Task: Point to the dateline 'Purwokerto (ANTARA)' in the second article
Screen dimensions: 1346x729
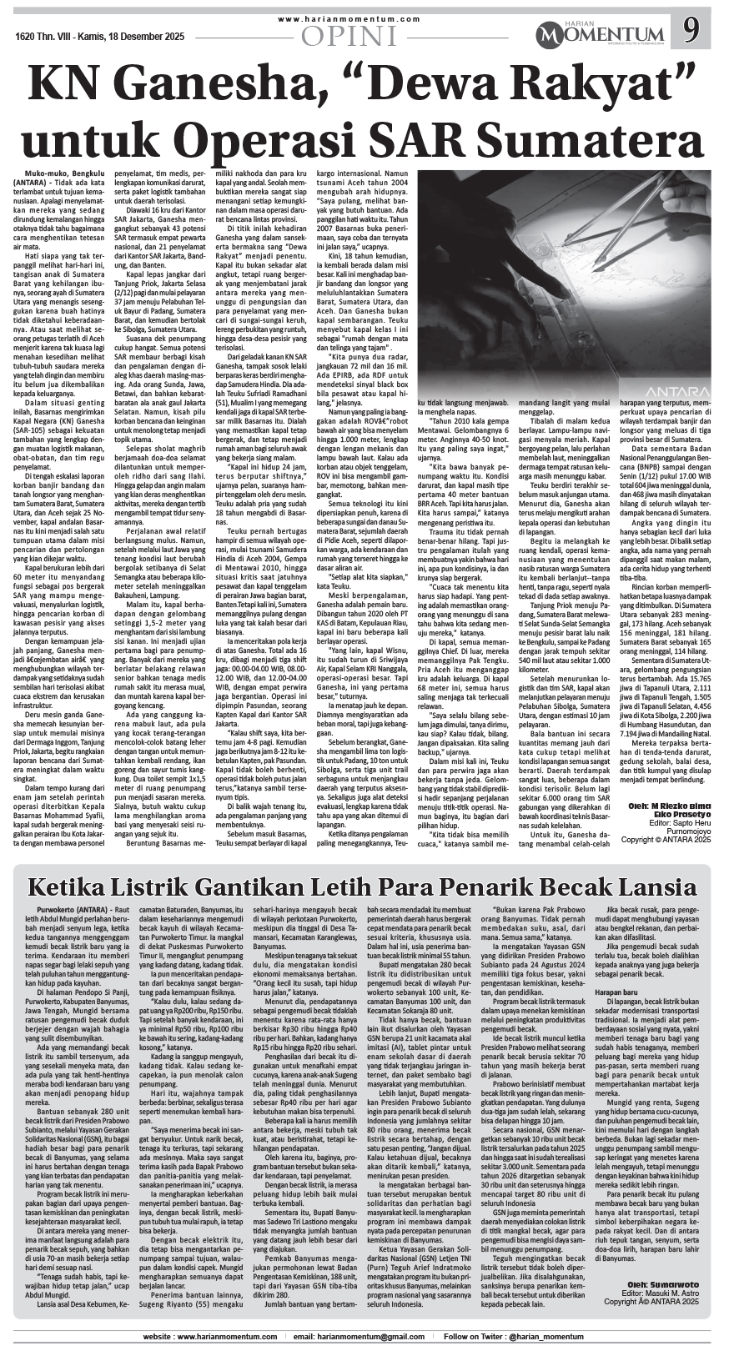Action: (78, 908)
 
